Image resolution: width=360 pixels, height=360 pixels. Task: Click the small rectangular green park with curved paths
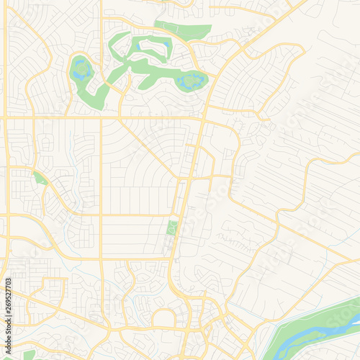click(171, 228)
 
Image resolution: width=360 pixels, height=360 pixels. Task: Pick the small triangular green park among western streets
click(40, 178)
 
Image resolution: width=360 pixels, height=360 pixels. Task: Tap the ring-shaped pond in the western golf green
click(79, 70)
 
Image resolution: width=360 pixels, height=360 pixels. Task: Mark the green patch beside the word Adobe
click(29, 354)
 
